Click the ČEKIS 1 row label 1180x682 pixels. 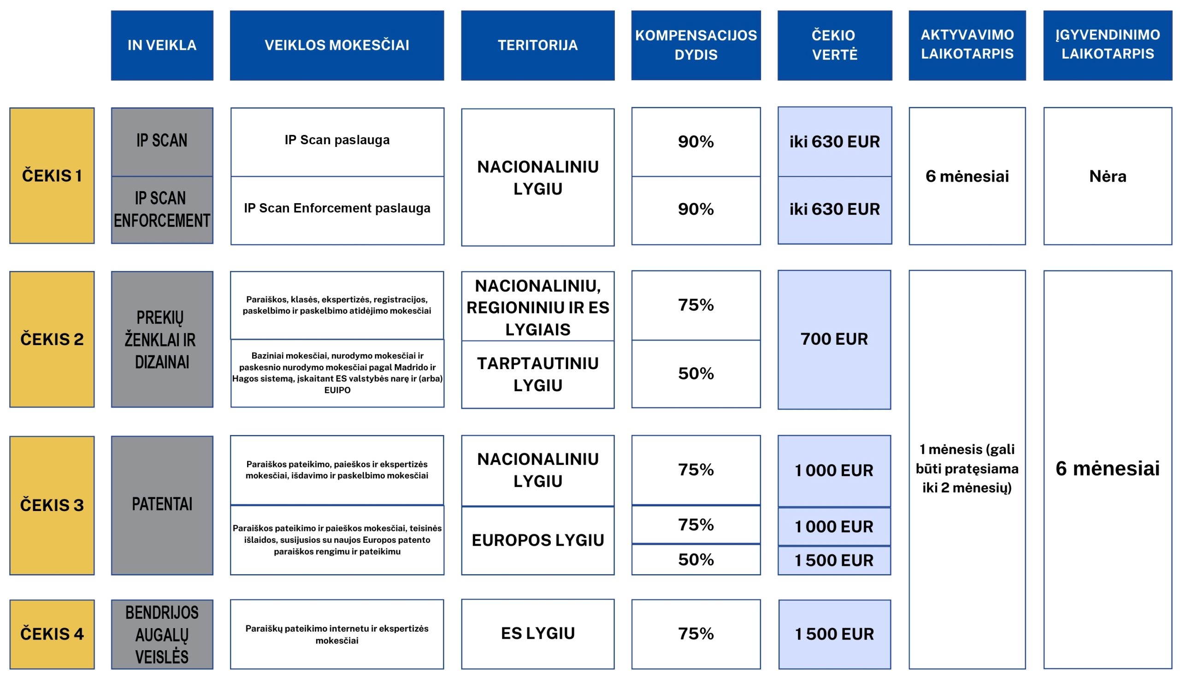(52, 176)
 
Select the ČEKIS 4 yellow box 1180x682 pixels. (52, 634)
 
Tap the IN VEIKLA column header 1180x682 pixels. (162, 46)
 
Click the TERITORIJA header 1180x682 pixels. (537, 46)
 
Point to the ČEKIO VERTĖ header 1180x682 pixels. (834, 46)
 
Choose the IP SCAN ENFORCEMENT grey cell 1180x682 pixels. (162, 209)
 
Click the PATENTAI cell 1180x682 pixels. (162, 505)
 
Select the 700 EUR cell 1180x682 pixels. (834, 339)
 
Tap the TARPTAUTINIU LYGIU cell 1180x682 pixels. (537, 374)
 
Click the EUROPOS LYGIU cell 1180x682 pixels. (537, 540)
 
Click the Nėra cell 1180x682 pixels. (1108, 176)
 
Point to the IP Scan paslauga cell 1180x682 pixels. (337, 140)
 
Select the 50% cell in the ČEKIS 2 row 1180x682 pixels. (696, 373)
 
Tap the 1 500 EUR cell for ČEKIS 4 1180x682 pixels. (834, 634)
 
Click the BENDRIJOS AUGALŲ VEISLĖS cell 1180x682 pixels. (162, 634)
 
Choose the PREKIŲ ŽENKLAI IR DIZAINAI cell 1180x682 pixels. (162, 339)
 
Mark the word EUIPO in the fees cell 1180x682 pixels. (337, 390)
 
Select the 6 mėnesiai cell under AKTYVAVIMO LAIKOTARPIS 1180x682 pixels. (967, 176)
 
